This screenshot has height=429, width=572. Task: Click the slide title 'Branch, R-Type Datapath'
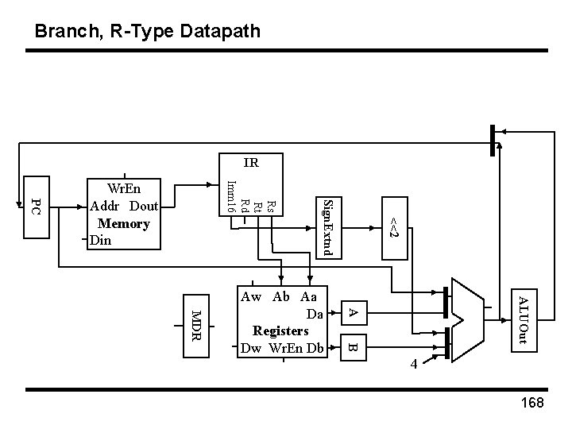(x=147, y=32)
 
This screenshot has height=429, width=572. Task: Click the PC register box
(x=36, y=207)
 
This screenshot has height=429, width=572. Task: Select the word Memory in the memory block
(x=124, y=223)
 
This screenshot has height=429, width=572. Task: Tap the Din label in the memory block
(x=102, y=239)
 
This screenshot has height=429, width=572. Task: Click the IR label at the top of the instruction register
(x=251, y=164)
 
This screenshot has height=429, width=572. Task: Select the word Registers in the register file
(x=280, y=330)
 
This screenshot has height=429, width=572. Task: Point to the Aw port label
(x=250, y=297)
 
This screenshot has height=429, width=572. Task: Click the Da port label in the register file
(x=315, y=313)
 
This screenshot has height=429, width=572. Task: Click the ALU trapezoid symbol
(x=466, y=318)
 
